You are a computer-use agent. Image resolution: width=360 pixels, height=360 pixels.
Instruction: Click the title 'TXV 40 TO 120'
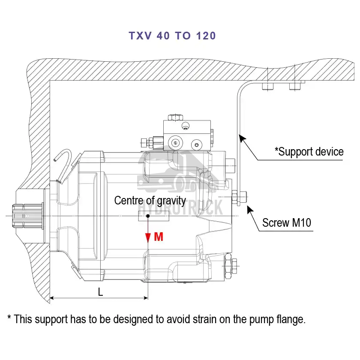pos(172,36)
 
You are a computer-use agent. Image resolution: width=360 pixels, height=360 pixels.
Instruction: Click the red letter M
pos(159,237)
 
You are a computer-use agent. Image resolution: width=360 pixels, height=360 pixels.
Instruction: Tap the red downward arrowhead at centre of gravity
pos(148,238)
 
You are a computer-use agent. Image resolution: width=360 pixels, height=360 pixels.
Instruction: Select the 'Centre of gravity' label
pos(150,200)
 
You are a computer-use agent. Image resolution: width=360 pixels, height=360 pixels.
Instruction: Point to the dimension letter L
pos(100,292)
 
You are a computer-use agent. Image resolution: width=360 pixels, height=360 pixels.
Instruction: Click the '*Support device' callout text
pos(309,152)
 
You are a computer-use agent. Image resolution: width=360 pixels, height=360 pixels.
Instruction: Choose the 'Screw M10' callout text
pos(287,223)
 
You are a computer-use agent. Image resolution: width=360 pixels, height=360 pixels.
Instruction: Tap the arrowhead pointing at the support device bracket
pos(241,137)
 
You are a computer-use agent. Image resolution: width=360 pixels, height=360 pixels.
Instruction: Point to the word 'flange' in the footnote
pos(291,319)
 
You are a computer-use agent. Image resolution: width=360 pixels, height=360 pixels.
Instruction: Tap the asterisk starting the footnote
pos(9,318)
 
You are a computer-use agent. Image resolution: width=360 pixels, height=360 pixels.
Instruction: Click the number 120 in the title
pos(206,36)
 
